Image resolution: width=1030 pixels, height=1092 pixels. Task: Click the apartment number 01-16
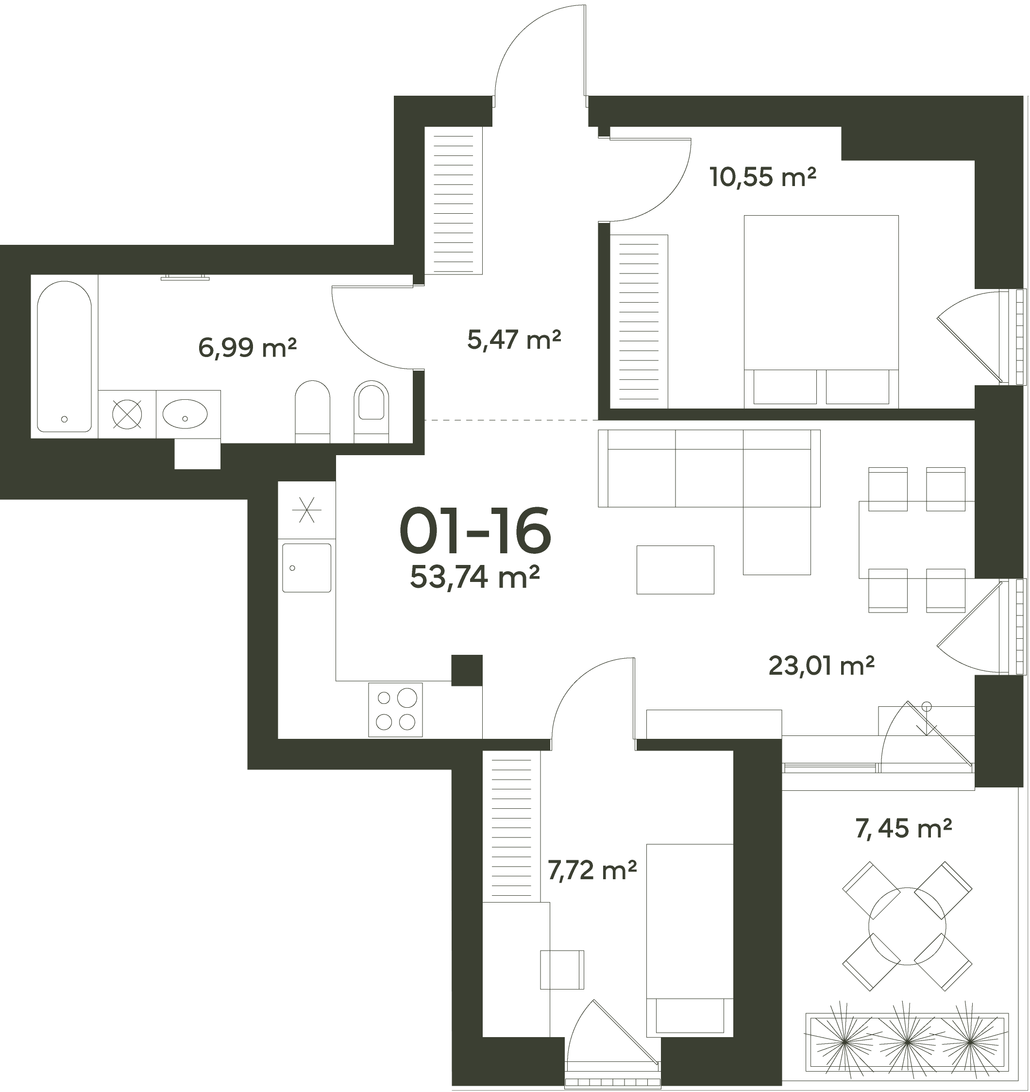pyautogui.click(x=475, y=530)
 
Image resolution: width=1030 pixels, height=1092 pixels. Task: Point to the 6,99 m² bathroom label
pyautogui.click(x=247, y=348)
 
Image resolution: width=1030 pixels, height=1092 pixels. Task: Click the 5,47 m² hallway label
pyautogui.click(x=514, y=340)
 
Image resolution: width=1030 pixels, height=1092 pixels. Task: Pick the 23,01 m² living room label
pyautogui.click(x=821, y=666)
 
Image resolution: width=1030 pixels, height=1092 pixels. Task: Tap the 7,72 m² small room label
pyautogui.click(x=592, y=870)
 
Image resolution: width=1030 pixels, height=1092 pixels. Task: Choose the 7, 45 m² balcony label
pyautogui.click(x=904, y=828)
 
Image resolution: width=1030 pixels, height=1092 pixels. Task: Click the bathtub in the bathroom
pyautogui.click(x=64, y=357)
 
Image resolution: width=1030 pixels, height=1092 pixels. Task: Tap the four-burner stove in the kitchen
pyautogui.click(x=395, y=710)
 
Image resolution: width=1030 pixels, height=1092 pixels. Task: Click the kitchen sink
pyautogui.click(x=306, y=568)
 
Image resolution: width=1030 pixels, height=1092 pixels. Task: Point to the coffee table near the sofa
pyautogui.click(x=675, y=570)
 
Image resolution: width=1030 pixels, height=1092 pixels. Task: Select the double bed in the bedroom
pyautogui.click(x=821, y=311)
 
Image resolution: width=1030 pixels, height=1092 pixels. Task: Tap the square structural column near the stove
pyautogui.click(x=467, y=670)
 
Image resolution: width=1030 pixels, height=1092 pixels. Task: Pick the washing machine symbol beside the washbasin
pyautogui.click(x=127, y=414)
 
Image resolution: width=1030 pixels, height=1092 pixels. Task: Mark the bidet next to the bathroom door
pyautogui.click(x=371, y=412)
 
